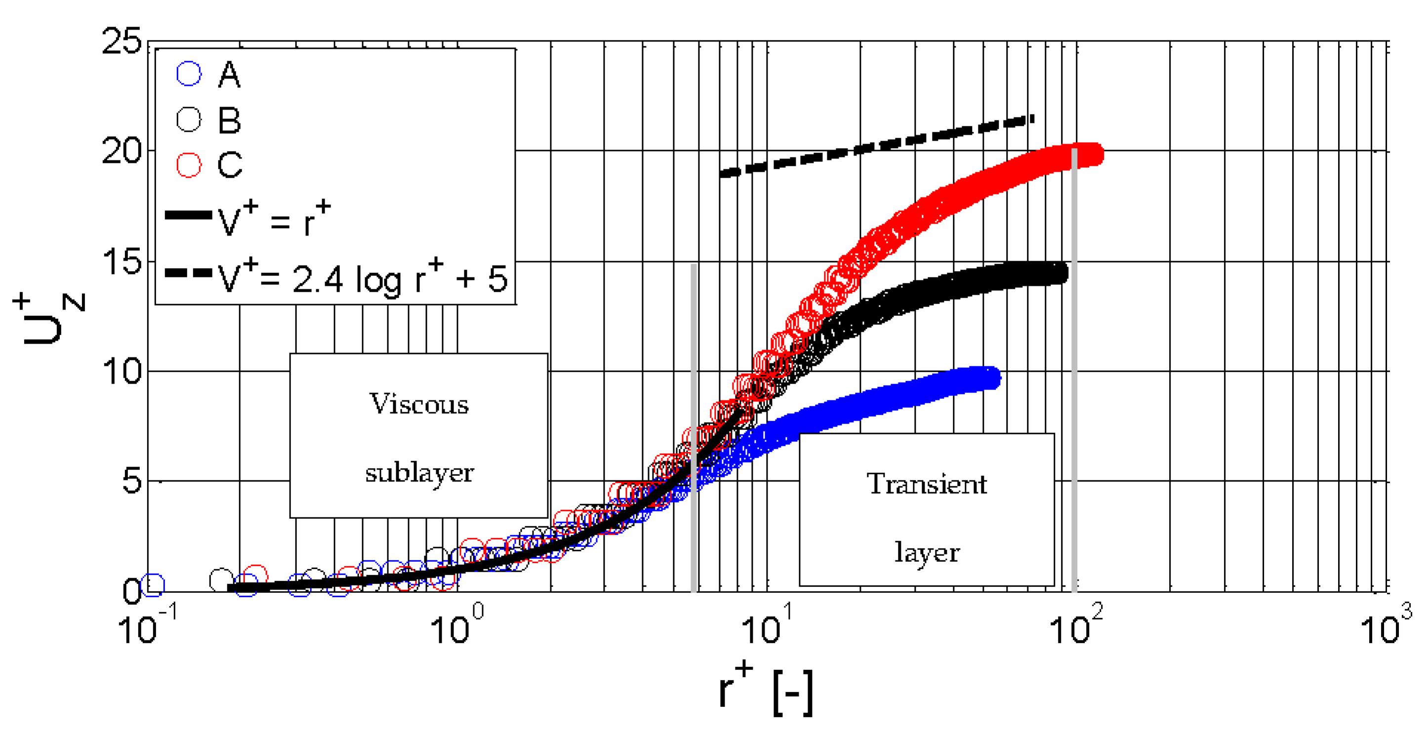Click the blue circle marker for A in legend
tap(189, 74)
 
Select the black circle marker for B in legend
tap(189, 119)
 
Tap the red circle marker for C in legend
tap(189, 165)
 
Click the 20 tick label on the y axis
tap(122, 151)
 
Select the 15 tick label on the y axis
tap(122, 261)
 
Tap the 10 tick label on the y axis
tap(122, 371)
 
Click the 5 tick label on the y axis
tap(131, 481)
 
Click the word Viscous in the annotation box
tap(419, 404)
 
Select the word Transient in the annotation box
tap(926, 484)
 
